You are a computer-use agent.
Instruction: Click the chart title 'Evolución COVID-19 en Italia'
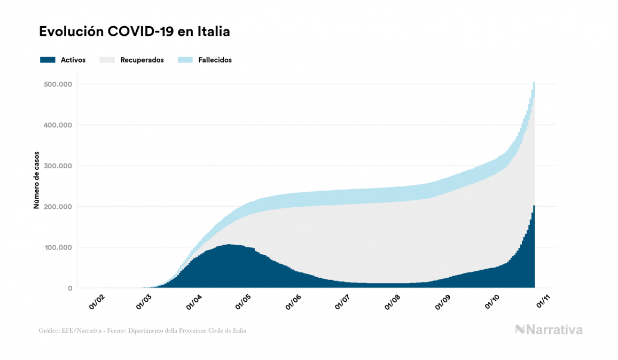click(134, 32)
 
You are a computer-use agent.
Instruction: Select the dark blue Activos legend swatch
click(48, 60)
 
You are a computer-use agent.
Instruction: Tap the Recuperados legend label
click(142, 60)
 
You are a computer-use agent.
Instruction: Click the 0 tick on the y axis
click(69, 288)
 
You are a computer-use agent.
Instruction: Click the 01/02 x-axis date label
click(97, 302)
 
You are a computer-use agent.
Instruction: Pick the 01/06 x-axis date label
click(294, 302)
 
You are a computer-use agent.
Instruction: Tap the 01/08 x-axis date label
click(393, 302)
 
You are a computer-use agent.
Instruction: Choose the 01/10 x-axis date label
click(491, 302)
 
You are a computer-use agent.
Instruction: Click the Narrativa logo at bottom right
click(549, 330)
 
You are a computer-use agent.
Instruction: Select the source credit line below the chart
click(143, 331)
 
